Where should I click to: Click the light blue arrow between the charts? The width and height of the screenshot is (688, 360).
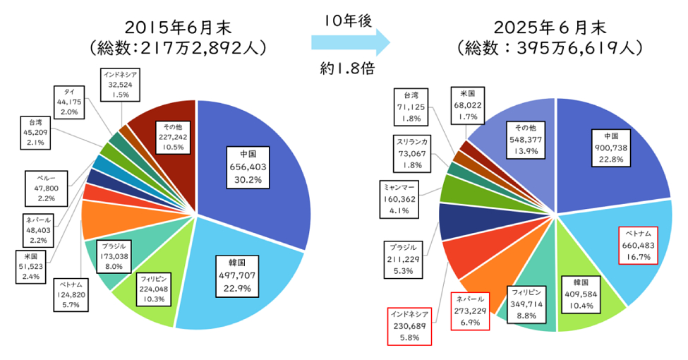[x=349, y=43]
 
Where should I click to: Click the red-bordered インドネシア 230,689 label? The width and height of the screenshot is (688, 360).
[x=409, y=325]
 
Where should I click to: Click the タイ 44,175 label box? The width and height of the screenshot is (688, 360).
[x=70, y=102]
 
